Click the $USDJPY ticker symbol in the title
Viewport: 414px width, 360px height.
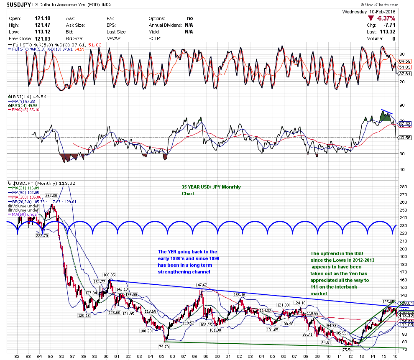click(x=18, y=5)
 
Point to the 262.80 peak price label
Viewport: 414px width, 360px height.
click(x=51, y=195)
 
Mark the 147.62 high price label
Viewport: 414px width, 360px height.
click(x=202, y=285)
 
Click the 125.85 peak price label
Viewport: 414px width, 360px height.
click(x=389, y=301)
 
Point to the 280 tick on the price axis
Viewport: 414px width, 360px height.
click(x=404, y=186)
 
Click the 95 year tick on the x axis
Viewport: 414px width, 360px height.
click(x=165, y=356)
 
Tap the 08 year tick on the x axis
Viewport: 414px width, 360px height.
click(x=307, y=356)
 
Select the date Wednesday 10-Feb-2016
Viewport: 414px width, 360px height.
click(x=368, y=12)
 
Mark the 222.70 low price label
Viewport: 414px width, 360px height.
click(x=42, y=236)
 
